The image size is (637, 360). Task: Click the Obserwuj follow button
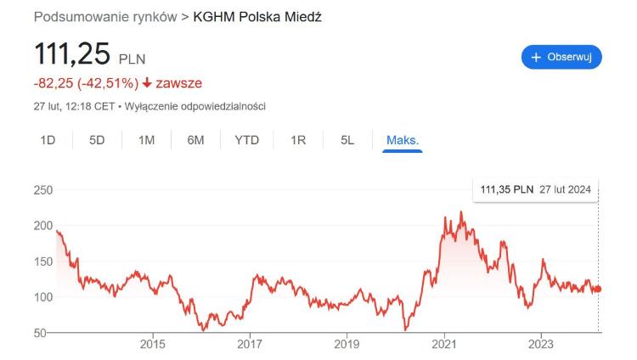(x=561, y=57)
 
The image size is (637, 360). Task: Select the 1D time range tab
(x=48, y=140)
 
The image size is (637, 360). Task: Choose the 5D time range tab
(x=97, y=140)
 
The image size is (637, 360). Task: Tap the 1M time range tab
(x=146, y=140)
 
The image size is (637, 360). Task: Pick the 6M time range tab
(x=195, y=140)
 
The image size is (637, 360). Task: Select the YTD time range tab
(x=246, y=140)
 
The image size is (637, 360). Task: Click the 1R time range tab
(x=298, y=140)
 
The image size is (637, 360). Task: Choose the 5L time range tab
(x=347, y=140)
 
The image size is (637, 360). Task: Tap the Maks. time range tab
(x=403, y=140)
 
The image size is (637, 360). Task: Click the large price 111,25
(x=72, y=55)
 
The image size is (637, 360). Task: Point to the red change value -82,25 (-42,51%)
(x=85, y=83)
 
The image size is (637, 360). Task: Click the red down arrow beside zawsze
(x=148, y=83)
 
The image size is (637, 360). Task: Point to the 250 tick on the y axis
(x=43, y=190)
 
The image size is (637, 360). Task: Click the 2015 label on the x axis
(x=152, y=345)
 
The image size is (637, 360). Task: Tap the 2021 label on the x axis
(x=444, y=345)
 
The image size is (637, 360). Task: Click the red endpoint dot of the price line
(x=598, y=289)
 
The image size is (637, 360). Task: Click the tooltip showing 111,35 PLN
(x=535, y=189)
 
